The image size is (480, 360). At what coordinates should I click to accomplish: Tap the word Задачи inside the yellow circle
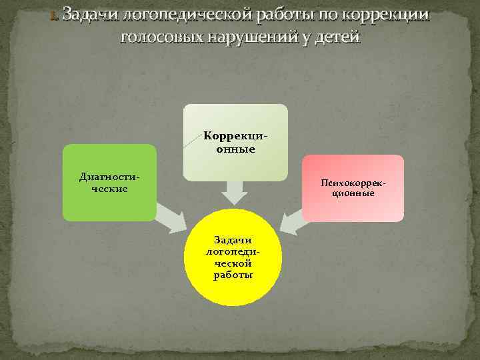233,239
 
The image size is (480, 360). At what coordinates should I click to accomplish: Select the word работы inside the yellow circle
233,276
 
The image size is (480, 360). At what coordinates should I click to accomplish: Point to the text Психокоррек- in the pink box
353,182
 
